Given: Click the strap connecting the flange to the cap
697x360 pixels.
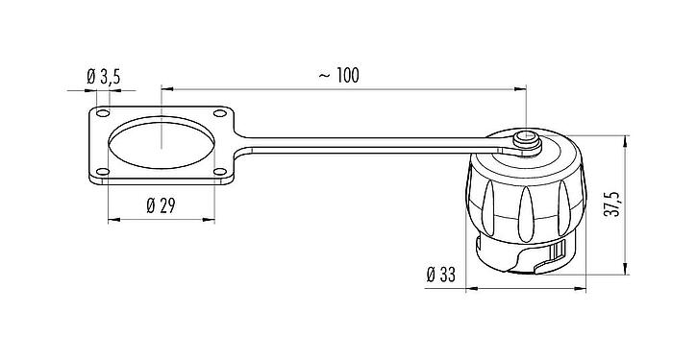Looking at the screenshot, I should pos(365,146).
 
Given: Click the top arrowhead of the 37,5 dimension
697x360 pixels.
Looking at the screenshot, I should pos(628,136).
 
